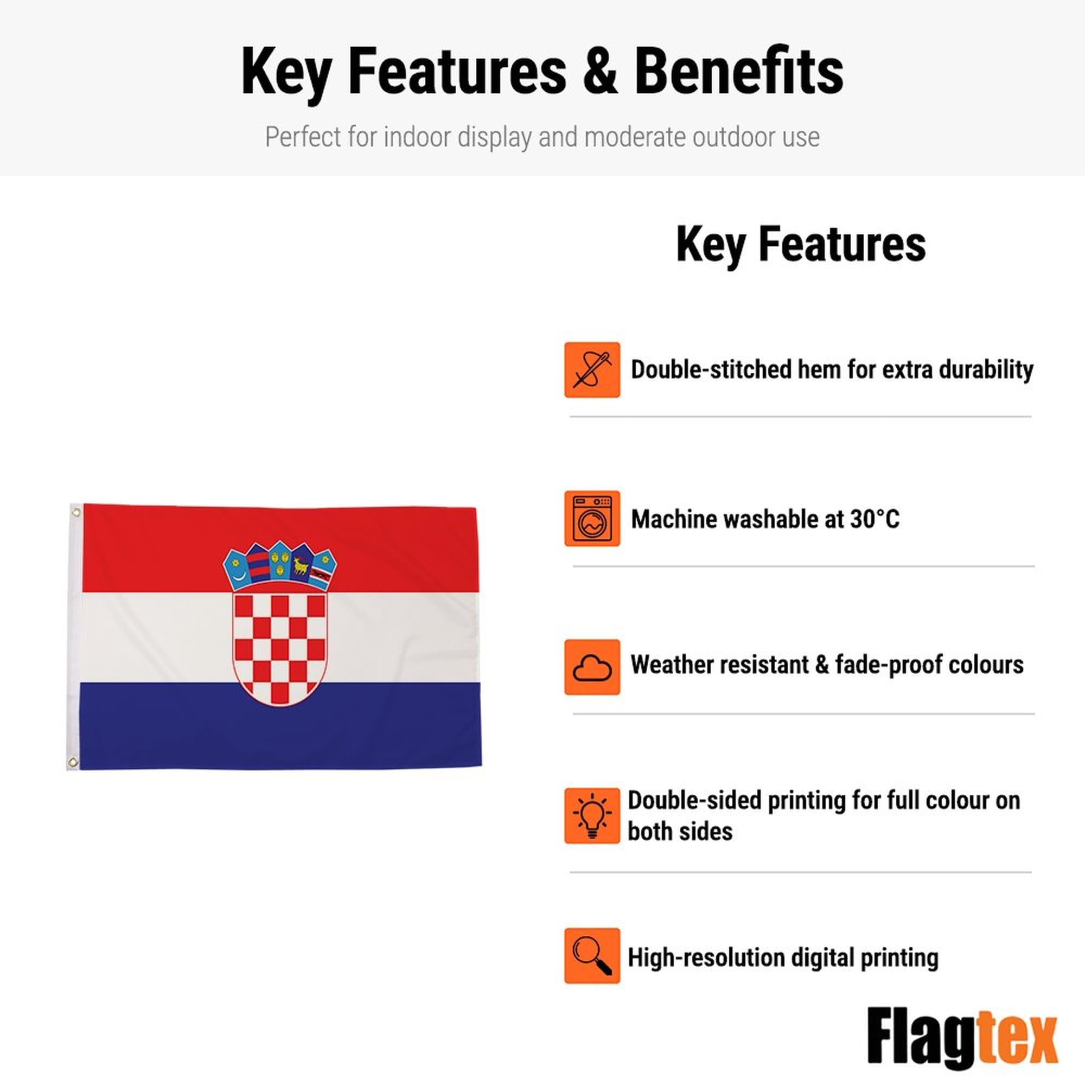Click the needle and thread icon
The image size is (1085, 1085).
(x=592, y=369)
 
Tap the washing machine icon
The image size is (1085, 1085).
(x=592, y=518)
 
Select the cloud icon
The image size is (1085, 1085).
(x=592, y=667)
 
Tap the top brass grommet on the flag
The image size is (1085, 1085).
(x=76, y=512)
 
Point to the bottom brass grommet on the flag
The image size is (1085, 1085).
(x=73, y=762)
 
